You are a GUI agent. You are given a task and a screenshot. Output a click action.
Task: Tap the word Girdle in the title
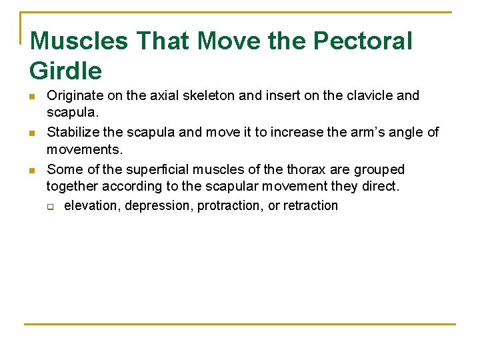[x=66, y=71]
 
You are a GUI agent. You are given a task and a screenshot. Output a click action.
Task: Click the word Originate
[x=75, y=95]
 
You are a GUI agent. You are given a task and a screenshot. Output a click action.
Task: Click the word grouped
[x=381, y=169]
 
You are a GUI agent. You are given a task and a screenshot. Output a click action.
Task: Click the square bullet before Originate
[x=33, y=96]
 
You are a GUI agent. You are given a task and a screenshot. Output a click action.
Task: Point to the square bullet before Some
[x=33, y=170]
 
